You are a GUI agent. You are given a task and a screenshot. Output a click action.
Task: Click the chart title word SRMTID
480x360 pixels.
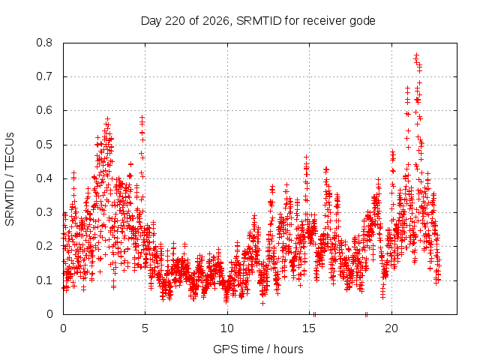click(259, 21)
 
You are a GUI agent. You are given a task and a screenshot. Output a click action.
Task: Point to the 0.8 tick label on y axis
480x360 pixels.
click(44, 43)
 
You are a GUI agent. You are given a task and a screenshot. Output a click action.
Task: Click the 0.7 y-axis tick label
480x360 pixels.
click(44, 76)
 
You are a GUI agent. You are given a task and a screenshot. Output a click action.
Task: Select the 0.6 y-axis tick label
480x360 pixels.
click(44, 110)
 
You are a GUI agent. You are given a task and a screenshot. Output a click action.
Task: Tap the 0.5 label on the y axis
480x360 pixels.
click(44, 145)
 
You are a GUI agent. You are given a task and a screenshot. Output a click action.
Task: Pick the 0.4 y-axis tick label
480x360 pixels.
click(44, 178)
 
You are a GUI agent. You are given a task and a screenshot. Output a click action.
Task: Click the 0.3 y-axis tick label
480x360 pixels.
click(44, 212)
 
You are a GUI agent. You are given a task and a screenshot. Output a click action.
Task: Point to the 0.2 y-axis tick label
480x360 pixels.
click(44, 246)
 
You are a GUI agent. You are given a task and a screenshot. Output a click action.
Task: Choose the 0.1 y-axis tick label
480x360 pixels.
click(44, 280)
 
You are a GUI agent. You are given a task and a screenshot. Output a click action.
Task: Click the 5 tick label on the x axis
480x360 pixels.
click(145, 328)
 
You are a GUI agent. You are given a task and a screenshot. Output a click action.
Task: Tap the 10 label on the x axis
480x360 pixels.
click(227, 328)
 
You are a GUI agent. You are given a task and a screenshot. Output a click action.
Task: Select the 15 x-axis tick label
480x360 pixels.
click(309, 328)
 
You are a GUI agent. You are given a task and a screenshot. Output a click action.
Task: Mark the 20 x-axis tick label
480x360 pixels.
click(391, 328)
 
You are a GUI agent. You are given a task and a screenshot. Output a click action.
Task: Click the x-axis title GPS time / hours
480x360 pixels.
click(258, 349)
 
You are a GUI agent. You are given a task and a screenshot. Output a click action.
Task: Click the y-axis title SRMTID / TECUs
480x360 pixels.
click(10, 179)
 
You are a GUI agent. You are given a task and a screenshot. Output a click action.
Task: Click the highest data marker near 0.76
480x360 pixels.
click(416, 55)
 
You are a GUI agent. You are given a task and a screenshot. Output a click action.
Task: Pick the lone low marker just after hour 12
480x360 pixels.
click(262, 303)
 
